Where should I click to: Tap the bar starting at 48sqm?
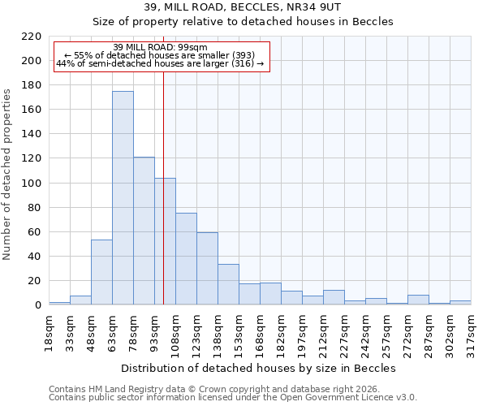pyautogui.click(x=101, y=272)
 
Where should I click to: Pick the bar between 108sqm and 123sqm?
pyautogui.click(x=186, y=259)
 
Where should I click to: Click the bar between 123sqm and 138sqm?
pyautogui.click(x=207, y=269)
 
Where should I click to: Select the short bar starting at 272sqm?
pyautogui.click(x=418, y=300)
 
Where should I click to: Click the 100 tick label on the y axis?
pyautogui.click(x=31, y=184)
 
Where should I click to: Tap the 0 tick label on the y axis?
pyautogui.click(x=37, y=305)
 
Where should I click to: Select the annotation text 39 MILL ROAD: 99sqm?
pyautogui.click(x=160, y=46)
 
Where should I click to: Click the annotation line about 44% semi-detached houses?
pyautogui.click(x=160, y=63)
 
